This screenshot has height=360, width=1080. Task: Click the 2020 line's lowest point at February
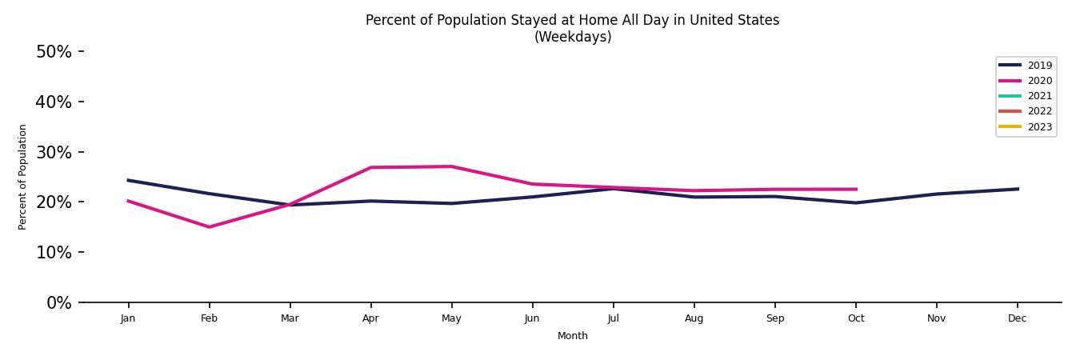click(210, 227)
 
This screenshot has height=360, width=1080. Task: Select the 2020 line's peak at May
click(451, 166)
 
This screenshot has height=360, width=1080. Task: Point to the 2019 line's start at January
click(128, 180)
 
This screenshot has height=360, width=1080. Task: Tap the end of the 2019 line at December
click(1018, 189)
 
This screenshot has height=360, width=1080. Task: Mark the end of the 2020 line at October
click(856, 190)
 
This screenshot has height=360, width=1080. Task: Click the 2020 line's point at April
click(370, 167)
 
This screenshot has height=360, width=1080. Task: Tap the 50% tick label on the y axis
click(54, 52)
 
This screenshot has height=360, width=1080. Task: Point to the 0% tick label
click(58, 303)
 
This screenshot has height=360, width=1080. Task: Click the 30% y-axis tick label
click(54, 153)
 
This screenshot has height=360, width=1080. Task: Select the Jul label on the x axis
click(613, 318)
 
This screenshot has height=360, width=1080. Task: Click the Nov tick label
click(937, 318)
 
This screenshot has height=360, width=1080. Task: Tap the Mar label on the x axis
click(290, 318)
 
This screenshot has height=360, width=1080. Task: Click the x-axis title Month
click(573, 336)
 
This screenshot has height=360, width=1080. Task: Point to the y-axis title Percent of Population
click(23, 177)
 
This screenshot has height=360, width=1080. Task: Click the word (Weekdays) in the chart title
click(573, 38)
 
